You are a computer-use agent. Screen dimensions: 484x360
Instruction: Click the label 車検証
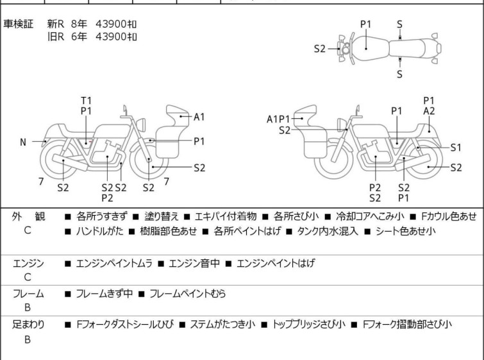18,24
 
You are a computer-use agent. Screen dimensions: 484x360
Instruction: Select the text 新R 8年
67,24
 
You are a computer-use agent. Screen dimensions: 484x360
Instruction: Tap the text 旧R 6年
67,37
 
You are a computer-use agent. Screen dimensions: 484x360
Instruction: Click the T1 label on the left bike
87,101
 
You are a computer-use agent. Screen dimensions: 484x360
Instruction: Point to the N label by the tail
23,142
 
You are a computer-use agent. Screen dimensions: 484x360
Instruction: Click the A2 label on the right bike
429,111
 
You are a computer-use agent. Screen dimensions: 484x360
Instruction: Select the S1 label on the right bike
456,148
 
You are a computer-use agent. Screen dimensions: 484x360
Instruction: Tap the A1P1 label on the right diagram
278,119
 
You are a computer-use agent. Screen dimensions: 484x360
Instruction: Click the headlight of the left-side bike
142,124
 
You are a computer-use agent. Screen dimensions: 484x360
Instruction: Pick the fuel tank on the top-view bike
369,49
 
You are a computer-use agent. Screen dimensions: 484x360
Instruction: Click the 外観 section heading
28,216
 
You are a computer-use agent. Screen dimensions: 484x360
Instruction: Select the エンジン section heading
28,263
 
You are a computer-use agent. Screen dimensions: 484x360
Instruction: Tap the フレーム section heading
28,293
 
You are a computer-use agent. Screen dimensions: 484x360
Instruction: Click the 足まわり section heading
28,324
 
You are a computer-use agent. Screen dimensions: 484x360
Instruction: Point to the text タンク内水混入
328,231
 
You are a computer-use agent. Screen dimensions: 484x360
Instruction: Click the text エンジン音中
194,263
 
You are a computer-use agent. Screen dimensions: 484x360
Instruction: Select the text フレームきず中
104,293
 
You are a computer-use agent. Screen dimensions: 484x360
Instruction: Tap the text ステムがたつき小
222,324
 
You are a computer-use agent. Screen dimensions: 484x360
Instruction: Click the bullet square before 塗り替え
136,217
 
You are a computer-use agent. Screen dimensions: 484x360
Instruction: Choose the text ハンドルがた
100,231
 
